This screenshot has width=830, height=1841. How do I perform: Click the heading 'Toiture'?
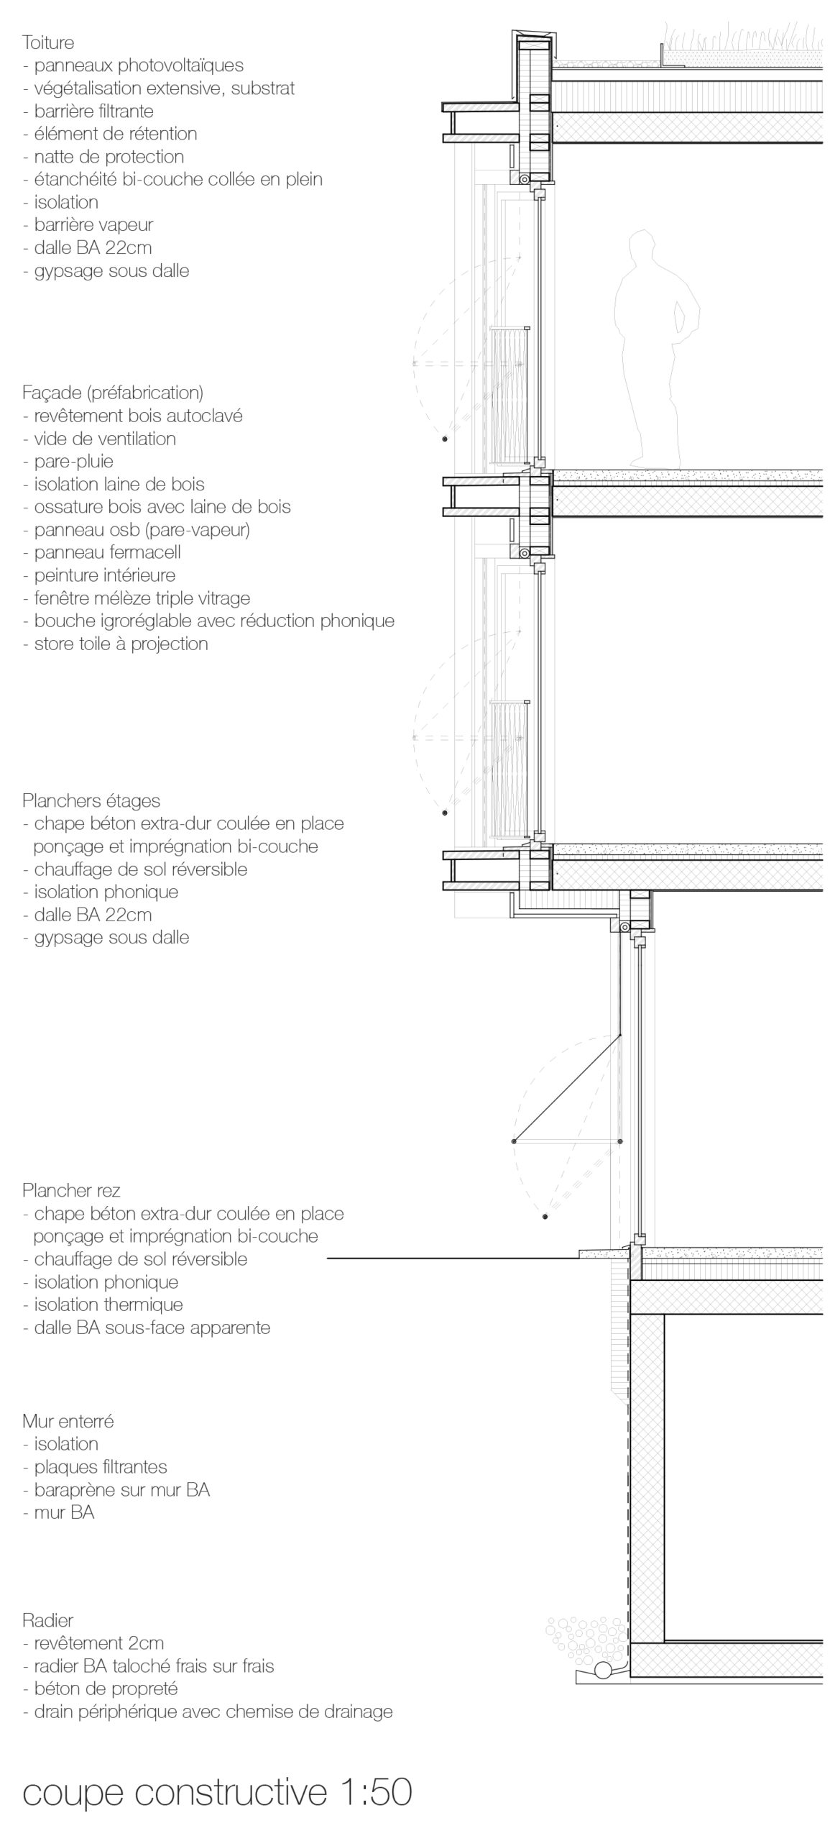(48, 42)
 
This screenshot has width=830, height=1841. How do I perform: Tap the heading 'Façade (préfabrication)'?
(113, 393)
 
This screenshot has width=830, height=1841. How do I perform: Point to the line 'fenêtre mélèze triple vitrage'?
(142, 598)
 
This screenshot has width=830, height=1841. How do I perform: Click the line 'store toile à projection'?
(121, 644)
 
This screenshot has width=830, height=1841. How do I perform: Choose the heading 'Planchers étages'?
(91, 800)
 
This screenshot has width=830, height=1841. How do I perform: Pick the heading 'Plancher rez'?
(71, 1190)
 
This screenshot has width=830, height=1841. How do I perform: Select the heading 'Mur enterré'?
(68, 1421)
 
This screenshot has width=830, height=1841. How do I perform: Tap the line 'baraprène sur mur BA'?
(121, 1489)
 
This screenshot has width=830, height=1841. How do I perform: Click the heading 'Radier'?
(48, 1600)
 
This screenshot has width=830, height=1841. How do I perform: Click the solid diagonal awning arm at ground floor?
(568, 1087)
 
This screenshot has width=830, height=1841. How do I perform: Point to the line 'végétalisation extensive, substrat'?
(164, 88)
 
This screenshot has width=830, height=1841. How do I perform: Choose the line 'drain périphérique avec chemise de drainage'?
(213, 1712)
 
